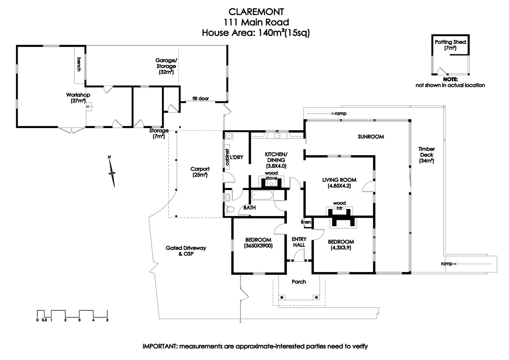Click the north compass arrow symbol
click(x=112, y=171)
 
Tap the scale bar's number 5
click(x=107, y=320)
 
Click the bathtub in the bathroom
click(x=262, y=195)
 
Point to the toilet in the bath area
click(x=230, y=209)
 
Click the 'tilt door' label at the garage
click(x=201, y=99)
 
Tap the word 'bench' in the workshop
click(x=79, y=64)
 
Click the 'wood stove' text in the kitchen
click(x=271, y=176)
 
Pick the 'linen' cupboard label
click(x=306, y=222)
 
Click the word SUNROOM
click(x=371, y=137)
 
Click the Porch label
click(x=299, y=282)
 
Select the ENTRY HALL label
click(x=299, y=242)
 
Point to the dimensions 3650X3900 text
click(x=258, y=246)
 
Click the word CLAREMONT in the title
click(x=256, y=12)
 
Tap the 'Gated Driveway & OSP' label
click(x=186, y=251)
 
